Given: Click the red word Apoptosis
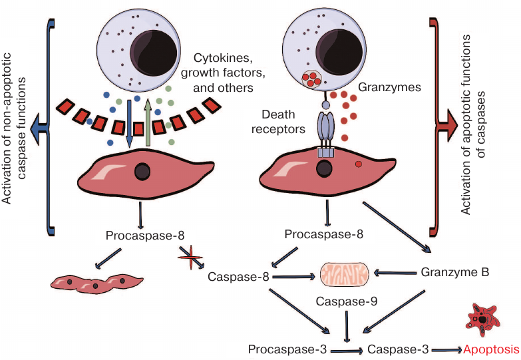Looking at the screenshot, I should click(x=492, y=349).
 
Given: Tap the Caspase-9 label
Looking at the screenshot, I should click(x=346, y=301).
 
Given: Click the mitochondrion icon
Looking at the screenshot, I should click(x=345, y=273).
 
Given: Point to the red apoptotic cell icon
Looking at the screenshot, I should click(x=482, y=321).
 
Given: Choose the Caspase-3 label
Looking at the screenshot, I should click(x=398, y=349).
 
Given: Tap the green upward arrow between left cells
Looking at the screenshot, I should click(x=148, y=120).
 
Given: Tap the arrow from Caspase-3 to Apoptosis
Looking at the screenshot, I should click(x=445, y=349).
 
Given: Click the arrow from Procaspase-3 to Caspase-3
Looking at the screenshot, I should click(x=342, y=349).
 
